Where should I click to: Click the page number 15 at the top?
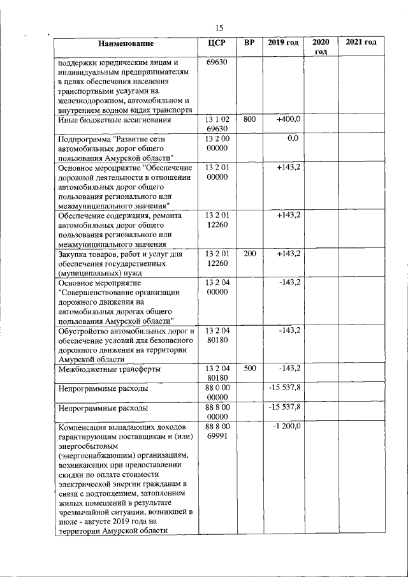(219, 27)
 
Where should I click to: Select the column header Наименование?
(126, 43)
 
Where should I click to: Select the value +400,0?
(289, 119)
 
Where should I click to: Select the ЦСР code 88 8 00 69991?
(217, 430)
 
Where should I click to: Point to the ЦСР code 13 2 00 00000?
(217, 143)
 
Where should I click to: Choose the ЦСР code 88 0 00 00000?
(217, 392)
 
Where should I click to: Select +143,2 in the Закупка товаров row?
(289, 254)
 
